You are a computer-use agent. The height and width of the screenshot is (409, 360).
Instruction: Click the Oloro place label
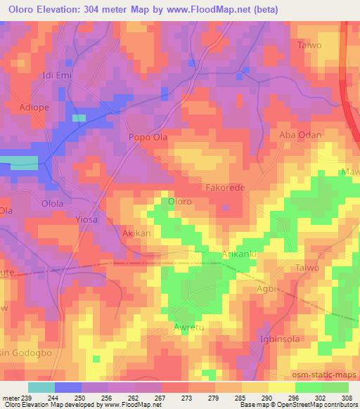[180, 202]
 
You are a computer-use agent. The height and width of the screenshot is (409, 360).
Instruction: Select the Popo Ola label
[147, 138]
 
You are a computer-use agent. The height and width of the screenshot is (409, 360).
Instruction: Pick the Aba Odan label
[300, 135]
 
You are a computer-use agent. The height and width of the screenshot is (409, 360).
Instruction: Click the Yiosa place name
[87, 219]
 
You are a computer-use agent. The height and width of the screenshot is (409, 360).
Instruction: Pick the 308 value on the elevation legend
[345, 398]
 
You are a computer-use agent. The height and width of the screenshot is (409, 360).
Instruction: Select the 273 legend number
[186, 398]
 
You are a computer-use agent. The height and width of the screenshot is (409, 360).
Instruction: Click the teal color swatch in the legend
[41, 387]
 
